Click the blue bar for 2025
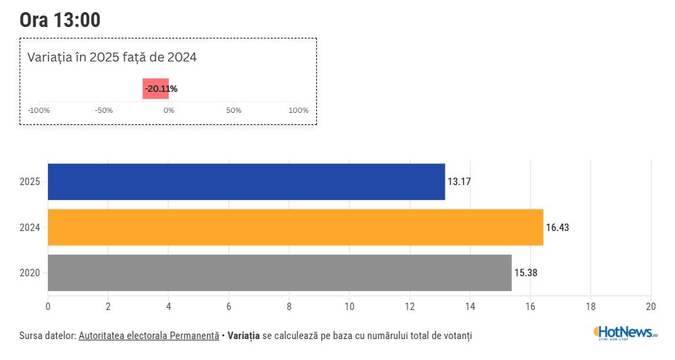click(x=247, y=182)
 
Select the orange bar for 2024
click(x=295, y=227)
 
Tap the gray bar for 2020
click(x=280, y=273)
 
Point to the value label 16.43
click(x=557, y=228)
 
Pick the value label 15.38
click(x=526, y=273)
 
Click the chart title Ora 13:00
click(x=60, y=20)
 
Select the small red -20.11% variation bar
click(x=155, y=88)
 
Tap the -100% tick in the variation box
click(x=39, y=110)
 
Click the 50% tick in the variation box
click(x=234, y=110)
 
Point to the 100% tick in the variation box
click(x=298, y=110)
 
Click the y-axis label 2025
click(x=30, y=182)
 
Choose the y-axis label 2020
click(x=30, y=273)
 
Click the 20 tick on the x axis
click(x=651, y=307)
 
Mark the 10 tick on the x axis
click(x=349, y=307)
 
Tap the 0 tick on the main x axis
click(x=48, y=307)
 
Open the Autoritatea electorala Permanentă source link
click(x=149, y=335)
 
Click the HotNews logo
click(x=625, y=332)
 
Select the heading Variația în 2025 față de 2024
click(x=112, y=57)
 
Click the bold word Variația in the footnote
click(x=244, y=335)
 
